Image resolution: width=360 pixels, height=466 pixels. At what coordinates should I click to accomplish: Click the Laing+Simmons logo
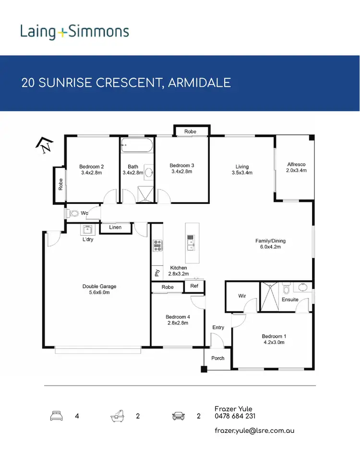74,32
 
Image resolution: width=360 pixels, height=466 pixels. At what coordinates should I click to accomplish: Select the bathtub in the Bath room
137,144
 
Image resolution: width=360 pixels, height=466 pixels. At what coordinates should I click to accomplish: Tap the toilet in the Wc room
74,214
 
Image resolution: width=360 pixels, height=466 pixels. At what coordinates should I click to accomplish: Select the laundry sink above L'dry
88,229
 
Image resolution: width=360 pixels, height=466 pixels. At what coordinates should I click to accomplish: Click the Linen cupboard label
115,227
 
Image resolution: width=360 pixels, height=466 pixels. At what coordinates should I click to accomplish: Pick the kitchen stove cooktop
157,245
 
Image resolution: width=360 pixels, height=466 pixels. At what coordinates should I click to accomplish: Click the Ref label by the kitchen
194,287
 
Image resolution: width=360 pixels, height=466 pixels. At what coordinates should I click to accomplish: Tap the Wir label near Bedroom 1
242,296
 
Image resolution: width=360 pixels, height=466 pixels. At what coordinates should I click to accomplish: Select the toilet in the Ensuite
287,289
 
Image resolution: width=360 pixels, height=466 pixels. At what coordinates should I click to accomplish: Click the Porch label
217,358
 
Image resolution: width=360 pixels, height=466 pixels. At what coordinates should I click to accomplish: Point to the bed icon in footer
57,416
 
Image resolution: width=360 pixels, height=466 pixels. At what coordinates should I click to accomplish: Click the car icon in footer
179,416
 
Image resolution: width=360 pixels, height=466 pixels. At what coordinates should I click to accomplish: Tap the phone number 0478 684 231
235,416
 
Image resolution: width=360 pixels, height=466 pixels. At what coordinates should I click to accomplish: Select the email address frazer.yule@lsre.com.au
254,430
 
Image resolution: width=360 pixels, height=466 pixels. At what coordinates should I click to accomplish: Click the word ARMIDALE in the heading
201,83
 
